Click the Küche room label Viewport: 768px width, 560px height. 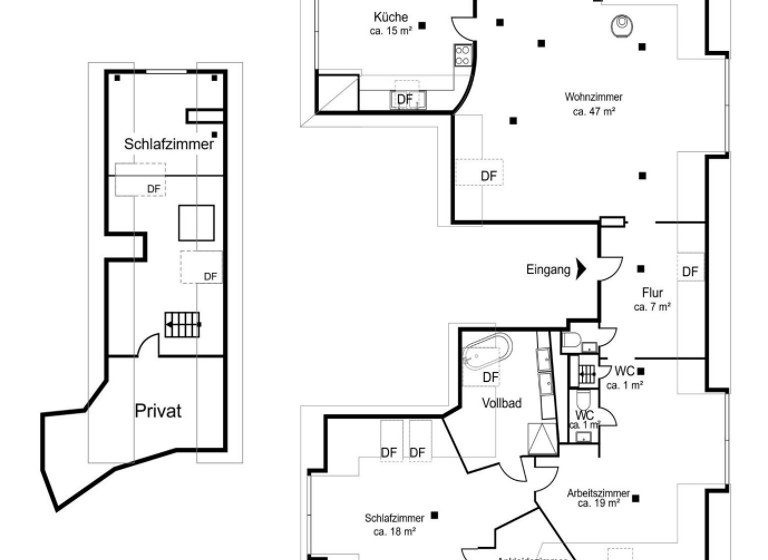[x=390, y=18]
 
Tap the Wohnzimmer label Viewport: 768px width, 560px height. [x=593, y=98]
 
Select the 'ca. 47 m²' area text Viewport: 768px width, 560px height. [x=593, y=112]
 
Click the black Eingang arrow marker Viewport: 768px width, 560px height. [x=581, y=269]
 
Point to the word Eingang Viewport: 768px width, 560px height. [x=548, y=269]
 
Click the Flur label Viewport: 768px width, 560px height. [x=653, y=293]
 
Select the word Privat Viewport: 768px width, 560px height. [x=158, y=411]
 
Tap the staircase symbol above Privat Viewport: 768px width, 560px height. [x=184, y=323]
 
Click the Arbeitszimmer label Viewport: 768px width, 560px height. [x=597, y=494]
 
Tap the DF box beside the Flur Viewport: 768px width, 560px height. [x=690, y=271]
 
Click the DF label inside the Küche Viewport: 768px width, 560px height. [x=405, y=99]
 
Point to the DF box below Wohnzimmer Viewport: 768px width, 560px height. [x=488, y=176]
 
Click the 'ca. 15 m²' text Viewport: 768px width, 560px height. [x=390, y=31]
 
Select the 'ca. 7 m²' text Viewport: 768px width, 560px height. [x=652, y=306]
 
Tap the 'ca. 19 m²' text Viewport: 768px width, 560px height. [x=597, y=505]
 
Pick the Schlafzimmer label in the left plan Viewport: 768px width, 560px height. [x=169, y=144]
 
